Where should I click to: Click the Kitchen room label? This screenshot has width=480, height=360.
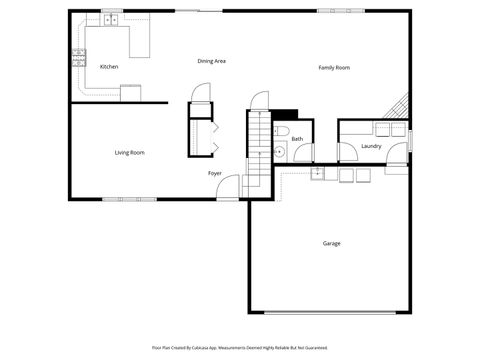[x=109, y=67]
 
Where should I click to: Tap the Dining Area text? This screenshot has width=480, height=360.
[x=211, y=61]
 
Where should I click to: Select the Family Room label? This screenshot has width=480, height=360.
[x=334, y=67]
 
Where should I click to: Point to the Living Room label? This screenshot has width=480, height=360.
[x=130, y=152]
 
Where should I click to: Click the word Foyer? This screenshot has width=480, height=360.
[x=215, y=173]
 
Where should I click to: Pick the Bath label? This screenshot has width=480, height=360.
[x=297, y=139]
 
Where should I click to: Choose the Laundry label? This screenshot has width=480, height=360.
[x=371, y=146]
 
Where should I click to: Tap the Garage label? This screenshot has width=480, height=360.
[x=331, y=243]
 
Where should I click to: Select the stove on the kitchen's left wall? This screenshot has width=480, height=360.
[x=77, y=57]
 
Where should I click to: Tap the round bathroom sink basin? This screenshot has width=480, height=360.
[x=280, y=153]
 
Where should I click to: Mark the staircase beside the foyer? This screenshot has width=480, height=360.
[x=259, y=150]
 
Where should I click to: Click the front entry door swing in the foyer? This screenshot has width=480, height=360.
[x=229, y=187]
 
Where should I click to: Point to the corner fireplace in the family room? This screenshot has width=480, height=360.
[x=400, y=106]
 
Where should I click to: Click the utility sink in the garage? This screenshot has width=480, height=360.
[x=317, y=174]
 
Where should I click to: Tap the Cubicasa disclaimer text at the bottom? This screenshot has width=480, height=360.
[x=239, y=347]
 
